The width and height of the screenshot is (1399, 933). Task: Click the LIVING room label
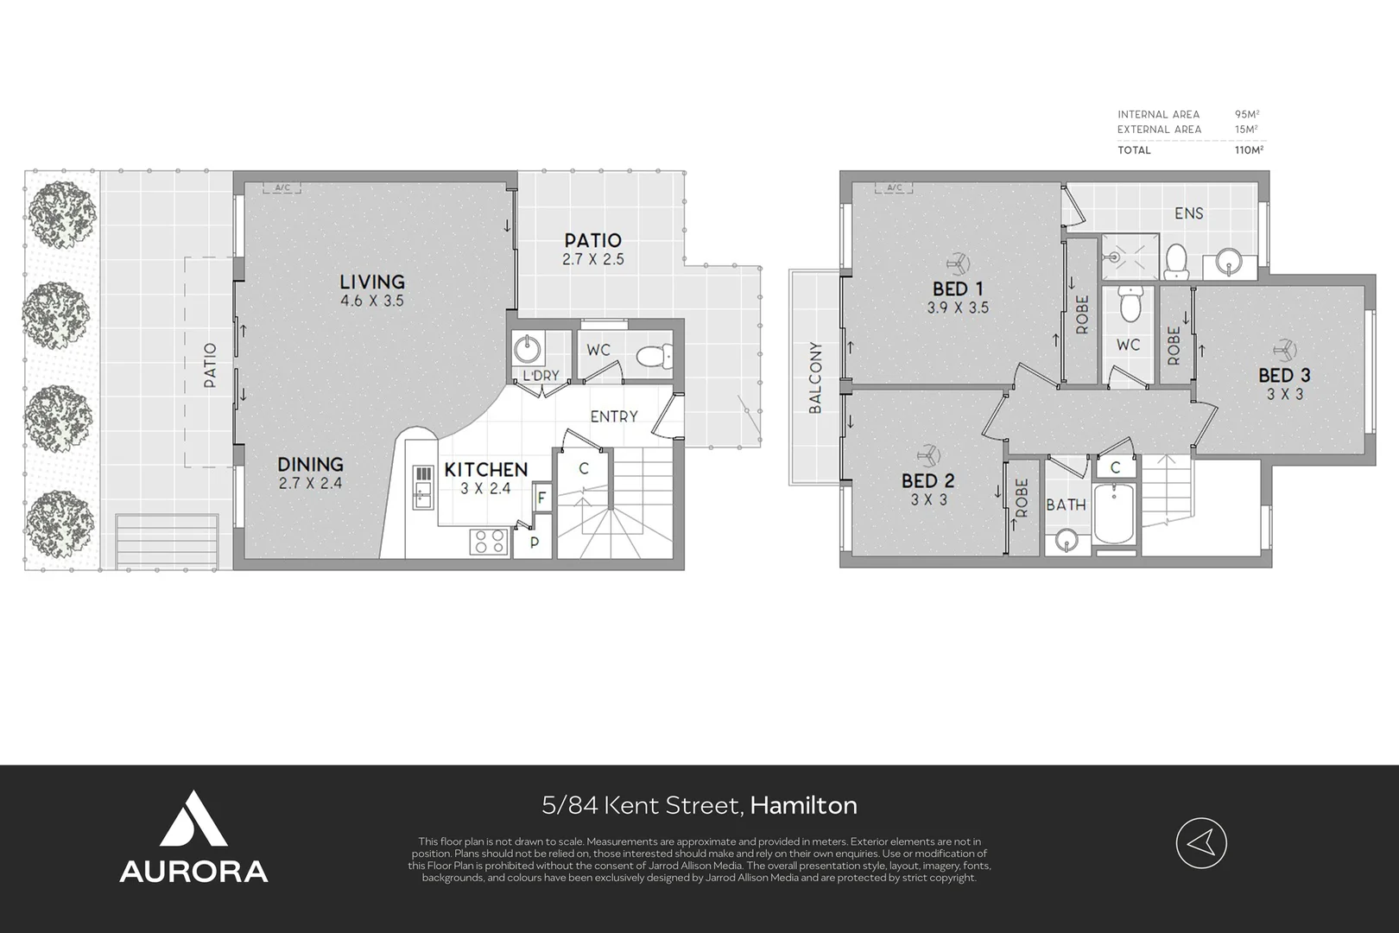click(372, 282)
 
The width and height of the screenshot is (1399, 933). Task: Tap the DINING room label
click(310, 464)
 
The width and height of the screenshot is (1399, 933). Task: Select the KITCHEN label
click(486, 469)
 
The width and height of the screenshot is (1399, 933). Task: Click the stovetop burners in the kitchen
click(489, 542)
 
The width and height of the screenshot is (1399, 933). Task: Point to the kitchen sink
click(423, 487)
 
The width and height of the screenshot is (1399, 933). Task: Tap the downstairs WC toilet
click(655, 357)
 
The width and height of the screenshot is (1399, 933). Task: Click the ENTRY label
click(614, 416)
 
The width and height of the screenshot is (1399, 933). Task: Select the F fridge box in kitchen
click(542, 498)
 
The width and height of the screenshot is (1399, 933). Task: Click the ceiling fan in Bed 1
click(956, 263)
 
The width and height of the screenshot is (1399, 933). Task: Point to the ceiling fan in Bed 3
click(1284, 350)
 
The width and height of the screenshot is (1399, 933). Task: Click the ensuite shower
click(1130, 257)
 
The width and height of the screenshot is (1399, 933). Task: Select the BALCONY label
click(815, 378)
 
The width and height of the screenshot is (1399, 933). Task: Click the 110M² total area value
click(1249, 150)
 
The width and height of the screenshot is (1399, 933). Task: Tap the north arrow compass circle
click(1201, 843)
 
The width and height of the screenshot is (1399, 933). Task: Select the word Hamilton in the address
click(803, 805)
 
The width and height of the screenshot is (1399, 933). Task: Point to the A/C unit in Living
click(282, 187)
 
